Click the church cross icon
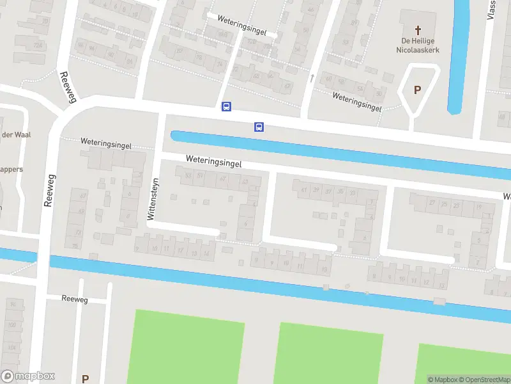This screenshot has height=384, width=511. click(x=419, y=29)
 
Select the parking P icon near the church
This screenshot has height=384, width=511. click(x=418, y=90)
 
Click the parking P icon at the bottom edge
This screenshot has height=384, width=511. click(x=85, y=378)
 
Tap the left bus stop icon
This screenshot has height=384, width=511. click(x=226, y=107)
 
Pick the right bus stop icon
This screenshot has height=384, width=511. click(x=259, y=127)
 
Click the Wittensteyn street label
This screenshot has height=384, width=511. click(x=151, y=199)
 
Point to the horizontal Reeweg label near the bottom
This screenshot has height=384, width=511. click(x=75, y=299)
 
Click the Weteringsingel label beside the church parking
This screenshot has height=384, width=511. click(x=356, y=102)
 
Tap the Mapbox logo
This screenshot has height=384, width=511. click(x=28, y=376)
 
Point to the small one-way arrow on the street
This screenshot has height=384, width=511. click(x=312, y=78)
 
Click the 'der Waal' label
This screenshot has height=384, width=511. click(x=16, y=134)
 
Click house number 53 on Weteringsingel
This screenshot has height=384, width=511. click(x=188, y=175)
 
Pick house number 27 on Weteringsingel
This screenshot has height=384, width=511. click(x=432, y=204)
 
